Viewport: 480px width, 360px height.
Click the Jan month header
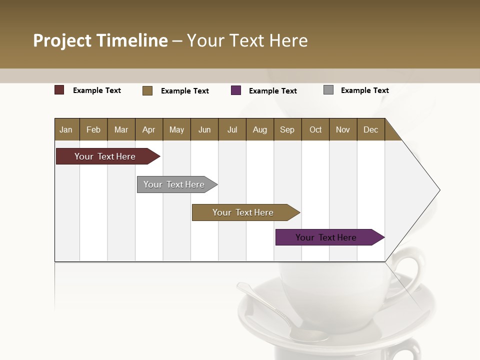click(x=66, y=129)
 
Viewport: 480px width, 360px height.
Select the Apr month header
click(x=149, y=129)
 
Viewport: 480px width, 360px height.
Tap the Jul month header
click(x=232, y=129)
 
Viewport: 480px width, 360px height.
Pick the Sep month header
click(x=287, y=129)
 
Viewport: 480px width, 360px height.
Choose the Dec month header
click(x=370, y=129)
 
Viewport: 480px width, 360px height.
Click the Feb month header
click(x=93, y=129)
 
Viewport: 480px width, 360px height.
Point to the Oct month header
click(x=315, y=129)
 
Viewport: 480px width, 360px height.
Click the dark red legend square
click(x=59, y=90)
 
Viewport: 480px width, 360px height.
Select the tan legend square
click(x=147, y=90)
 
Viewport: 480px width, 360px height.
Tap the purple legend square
click(x=236, y=90)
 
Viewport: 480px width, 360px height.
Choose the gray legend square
click(x=328, y=90)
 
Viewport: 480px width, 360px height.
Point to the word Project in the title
click(x=63, y=40)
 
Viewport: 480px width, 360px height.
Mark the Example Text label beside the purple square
click(x=273, y=91)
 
